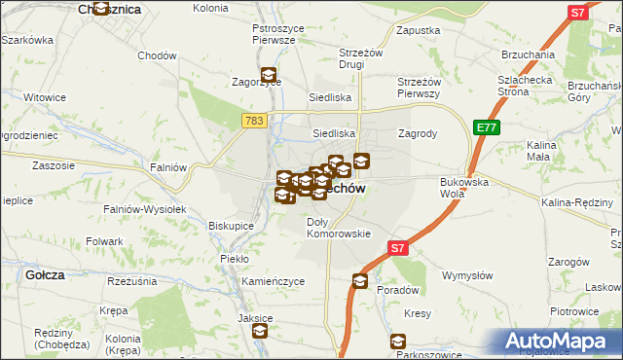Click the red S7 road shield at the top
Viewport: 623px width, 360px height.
(578, 13)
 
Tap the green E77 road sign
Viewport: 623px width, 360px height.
(486, 127)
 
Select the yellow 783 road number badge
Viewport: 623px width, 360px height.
(253, 119)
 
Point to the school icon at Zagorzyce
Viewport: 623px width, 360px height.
(269, 73)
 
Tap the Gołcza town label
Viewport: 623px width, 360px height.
(46, 275)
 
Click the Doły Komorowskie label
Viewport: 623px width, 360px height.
(339, 228)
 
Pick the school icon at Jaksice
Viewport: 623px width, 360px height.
(260, 331)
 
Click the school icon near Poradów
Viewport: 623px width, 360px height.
(360, 282)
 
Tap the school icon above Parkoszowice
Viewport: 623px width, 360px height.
(397, 342)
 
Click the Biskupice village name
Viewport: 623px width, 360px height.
(231, 226)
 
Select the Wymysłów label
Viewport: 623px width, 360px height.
(464, 275)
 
